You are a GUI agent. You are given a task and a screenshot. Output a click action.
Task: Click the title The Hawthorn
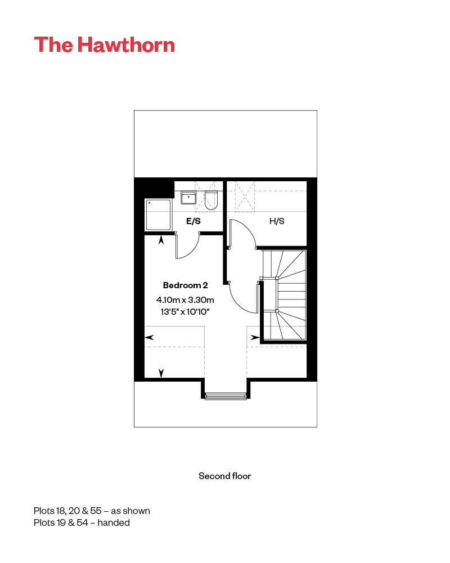coord(104,44)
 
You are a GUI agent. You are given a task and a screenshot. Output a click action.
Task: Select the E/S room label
coord(193,221)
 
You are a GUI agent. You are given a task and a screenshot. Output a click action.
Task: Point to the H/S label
coord(277,221)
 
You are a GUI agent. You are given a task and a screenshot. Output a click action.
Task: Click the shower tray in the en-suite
coord(158,214)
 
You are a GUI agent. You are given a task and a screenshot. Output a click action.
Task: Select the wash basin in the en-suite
coord(188,198)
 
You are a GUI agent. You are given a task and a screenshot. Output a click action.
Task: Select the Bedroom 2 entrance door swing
coord(243,297)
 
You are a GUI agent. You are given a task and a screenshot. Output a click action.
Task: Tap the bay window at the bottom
coord(225,396)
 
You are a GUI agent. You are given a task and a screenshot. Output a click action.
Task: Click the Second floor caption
coord(224,476)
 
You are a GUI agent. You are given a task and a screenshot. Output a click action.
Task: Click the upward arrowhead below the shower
coord(162,240)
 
